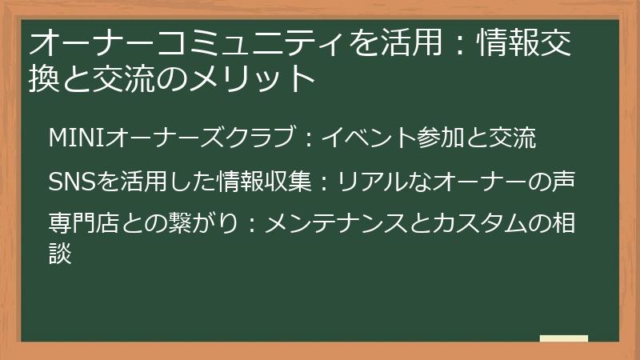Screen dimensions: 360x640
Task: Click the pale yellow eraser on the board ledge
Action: pyautogui.click(x=563, y=339)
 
